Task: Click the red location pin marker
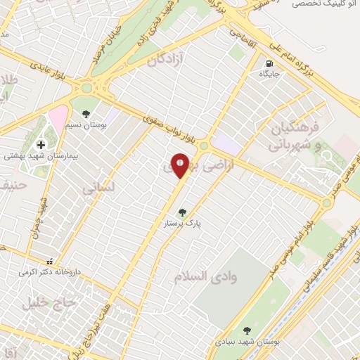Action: [x=180, y=165]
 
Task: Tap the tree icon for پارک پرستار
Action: [x=183, y=212]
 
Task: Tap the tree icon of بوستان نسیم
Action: [x=86, y=113]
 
